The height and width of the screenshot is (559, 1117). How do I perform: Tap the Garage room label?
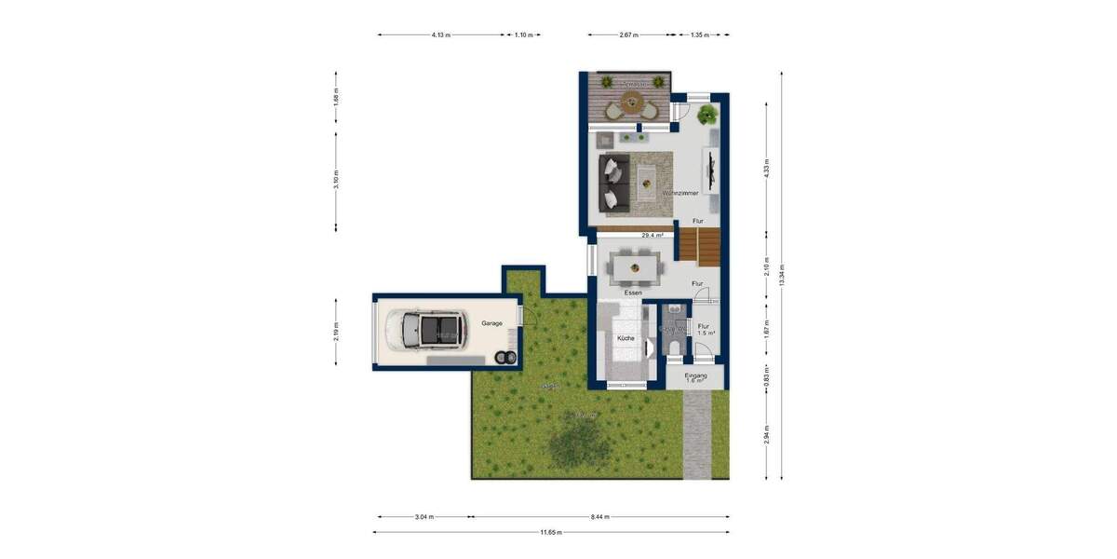point(491,323)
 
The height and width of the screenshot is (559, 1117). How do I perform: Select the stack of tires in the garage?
point(504,358)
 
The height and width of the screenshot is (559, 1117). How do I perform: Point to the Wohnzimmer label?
point(680,193)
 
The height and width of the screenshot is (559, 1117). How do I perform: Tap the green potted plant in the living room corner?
point(707,116)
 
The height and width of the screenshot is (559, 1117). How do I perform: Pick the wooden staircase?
point(699,245)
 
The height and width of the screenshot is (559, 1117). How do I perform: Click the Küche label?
point(626,338)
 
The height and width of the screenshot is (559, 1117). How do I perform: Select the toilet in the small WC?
point(674,348)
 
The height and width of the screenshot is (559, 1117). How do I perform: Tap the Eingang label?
point(696,375)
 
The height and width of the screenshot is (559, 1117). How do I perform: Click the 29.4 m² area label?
point(653,236)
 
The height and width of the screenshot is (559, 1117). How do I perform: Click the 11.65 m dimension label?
point(551,532)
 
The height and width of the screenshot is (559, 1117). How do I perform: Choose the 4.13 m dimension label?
point(440,35)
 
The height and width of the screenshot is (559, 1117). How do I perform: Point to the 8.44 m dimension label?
point(600,516)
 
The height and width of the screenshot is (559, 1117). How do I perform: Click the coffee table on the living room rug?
point(648,176)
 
